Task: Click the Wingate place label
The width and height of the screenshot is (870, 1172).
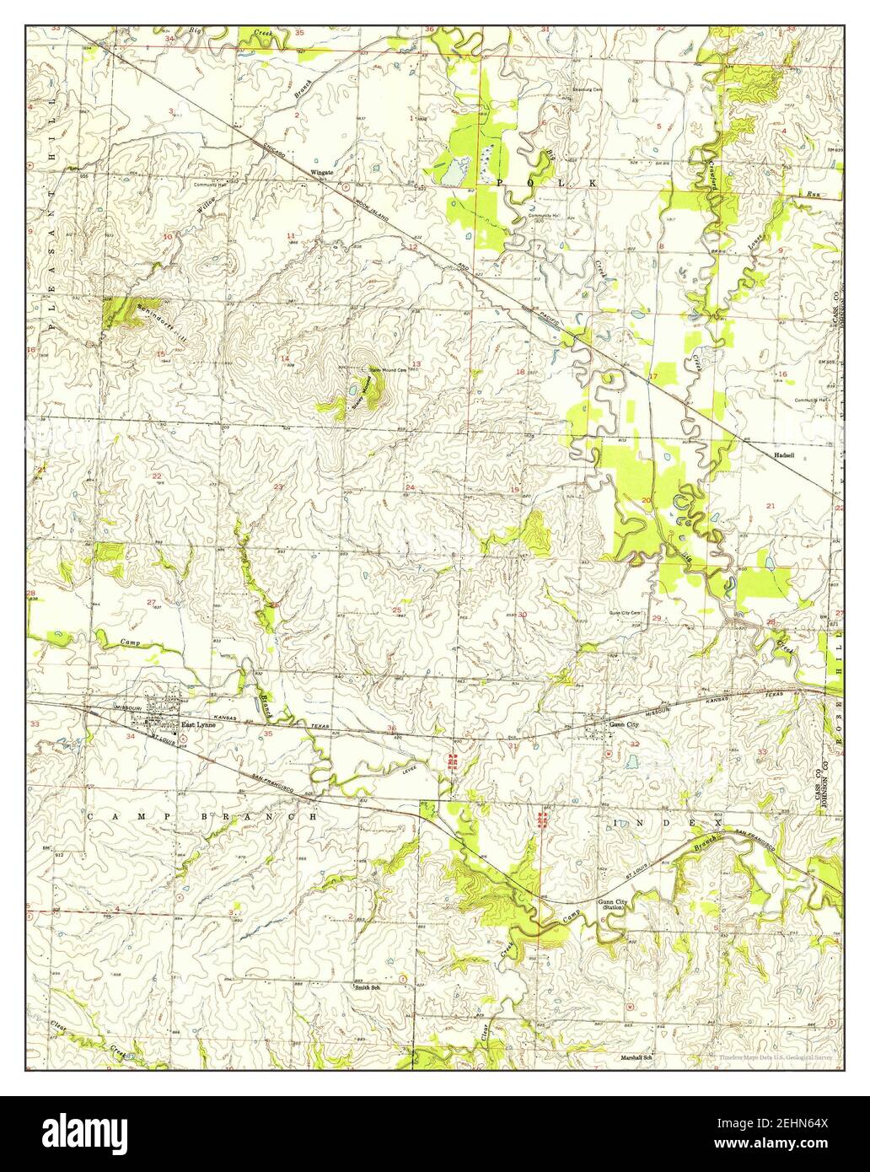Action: point(323,172)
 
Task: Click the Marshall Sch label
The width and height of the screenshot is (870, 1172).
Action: point(638,1057)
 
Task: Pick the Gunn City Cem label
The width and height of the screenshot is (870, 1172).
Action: point(626,613)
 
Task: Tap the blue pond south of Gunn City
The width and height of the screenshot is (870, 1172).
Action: point(631,761)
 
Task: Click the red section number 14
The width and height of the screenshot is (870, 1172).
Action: point(285,360)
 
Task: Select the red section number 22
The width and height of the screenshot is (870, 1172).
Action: point(157,476)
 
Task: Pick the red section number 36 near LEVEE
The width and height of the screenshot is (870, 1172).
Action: point(391,728)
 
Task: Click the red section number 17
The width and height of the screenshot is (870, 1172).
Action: point(652,376)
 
